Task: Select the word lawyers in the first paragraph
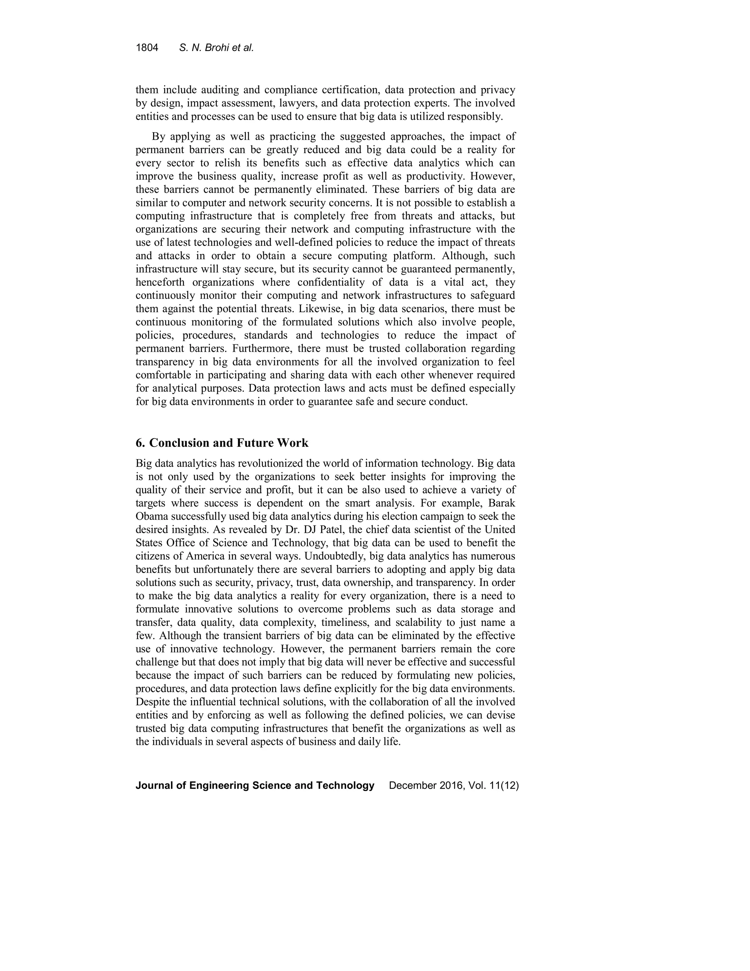pyautogui.click(x=296, y=103)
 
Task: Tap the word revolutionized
pyautogui.click(x=270, y=463)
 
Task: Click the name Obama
pyautogui.click(x=152, y=517)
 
